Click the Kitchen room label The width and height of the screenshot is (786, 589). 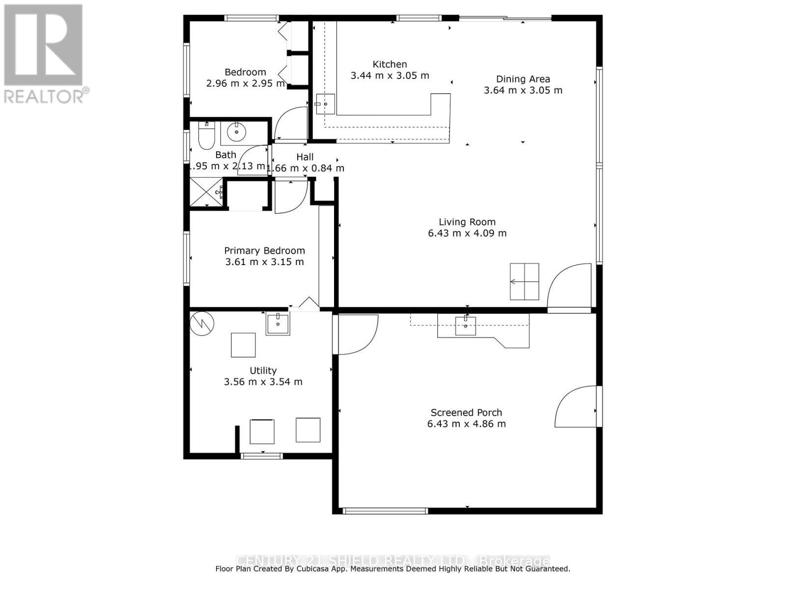(x=390, y=64)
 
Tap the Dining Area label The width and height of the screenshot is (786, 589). (x=523, y=79)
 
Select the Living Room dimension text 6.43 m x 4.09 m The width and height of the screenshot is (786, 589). (x=467, y=233)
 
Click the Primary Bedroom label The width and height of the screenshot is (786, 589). (x=264, y=251)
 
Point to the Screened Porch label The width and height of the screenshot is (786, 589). (x=466, y=413)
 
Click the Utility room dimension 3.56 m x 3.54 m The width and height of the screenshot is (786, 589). (x=263, y=382)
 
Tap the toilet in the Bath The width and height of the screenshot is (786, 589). (x=206, y=136)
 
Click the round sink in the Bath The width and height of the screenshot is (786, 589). (x=237, y=132)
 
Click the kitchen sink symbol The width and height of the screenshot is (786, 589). (x=325, y=104)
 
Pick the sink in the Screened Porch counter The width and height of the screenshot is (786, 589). (x=465, y=325)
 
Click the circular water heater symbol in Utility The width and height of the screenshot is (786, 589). (x=202, y=322)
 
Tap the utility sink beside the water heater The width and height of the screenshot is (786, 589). (x=278, y=324)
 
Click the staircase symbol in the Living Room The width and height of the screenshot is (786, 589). (x=524, y=282)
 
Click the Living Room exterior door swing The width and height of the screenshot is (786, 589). (x=570, y=288)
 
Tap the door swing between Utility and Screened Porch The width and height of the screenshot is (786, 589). (x=355, y=334)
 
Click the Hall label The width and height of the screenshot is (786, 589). (x=305, y=157)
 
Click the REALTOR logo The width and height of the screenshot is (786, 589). (x=44, y=54)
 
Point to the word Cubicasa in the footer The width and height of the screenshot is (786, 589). (x=322, y=569)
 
